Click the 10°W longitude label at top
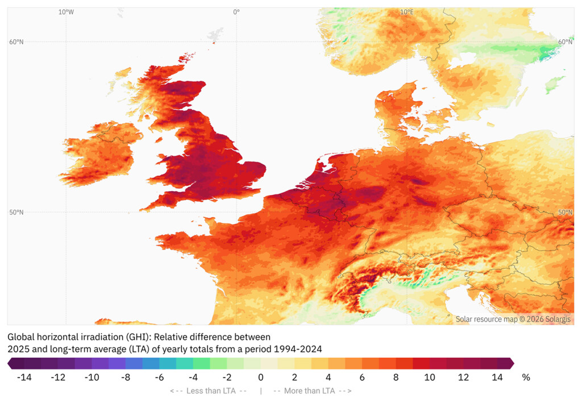point(66,12)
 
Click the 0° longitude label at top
point(236,12)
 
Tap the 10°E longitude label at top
point(406,12)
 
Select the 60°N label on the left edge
point(16,42)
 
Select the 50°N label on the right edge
point(566,212)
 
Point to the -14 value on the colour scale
point(23,377)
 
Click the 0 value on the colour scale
point(261,377)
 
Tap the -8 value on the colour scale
point(125,377)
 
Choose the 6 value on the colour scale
point(362,377)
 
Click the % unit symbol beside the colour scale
point(526,377)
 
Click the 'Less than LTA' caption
point(209,391)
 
